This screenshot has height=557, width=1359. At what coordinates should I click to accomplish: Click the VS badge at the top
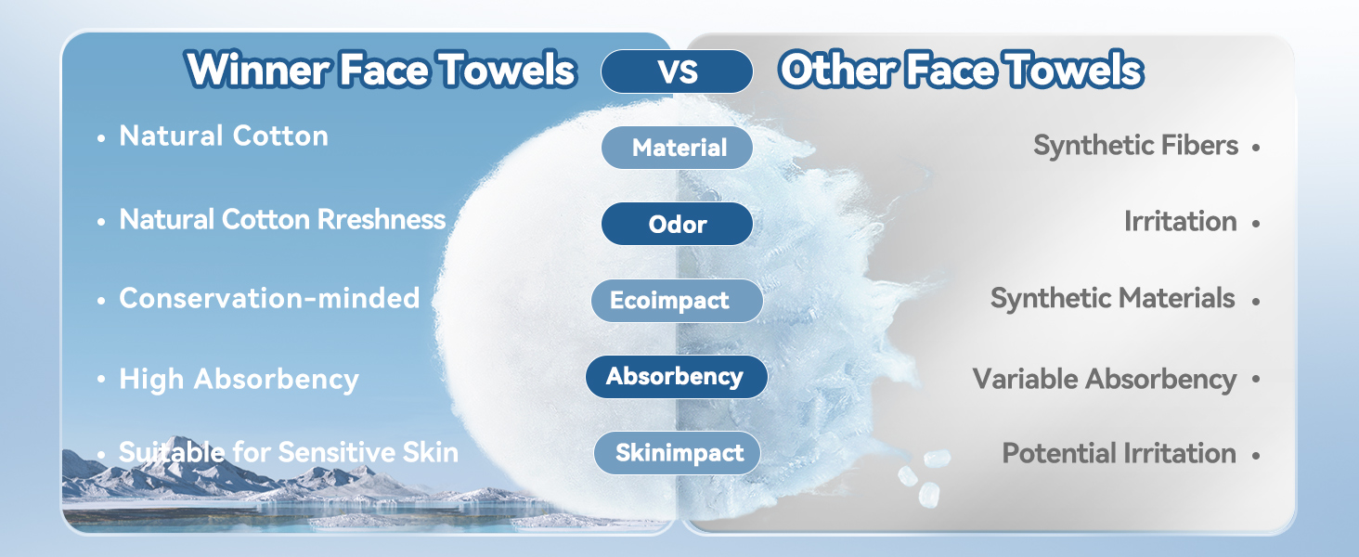tap(677, 71)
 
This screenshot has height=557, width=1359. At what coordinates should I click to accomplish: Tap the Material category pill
tap(678, 148)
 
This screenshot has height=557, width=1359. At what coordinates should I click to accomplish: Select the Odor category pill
tap(677, 224)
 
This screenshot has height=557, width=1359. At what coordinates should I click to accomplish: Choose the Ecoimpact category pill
tap(677, 301)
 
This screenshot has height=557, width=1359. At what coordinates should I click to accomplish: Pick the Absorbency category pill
tap(676, 376)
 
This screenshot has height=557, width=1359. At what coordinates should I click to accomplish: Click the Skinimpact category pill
tap(678, 453)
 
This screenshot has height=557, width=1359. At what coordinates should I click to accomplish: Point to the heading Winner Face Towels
tap(381, 70)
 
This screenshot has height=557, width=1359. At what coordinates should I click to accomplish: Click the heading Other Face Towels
tap(961, 70)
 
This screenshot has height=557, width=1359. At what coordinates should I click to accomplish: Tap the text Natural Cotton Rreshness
tap(282, 220)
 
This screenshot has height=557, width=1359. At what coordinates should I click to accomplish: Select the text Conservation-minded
tap(269, 298)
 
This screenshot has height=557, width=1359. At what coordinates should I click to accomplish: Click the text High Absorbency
tap(239, 379)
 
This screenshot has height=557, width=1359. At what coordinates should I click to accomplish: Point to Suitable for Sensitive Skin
tap(289, 452)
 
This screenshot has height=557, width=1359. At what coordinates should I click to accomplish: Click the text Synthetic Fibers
tap(1135, 146)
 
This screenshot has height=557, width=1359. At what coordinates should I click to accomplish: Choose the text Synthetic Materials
tap(1112, 298)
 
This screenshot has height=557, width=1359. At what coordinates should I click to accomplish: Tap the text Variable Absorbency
tap(1104, 379)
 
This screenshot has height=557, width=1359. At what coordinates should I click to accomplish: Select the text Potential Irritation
tap(1119, 453)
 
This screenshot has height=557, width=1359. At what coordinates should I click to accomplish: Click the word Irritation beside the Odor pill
tap(1180, 222)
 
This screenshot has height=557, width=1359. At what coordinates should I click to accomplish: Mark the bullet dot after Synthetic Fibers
tap(1256, 148)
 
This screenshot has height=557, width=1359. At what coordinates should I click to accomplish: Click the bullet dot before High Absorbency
tap(100, 381)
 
